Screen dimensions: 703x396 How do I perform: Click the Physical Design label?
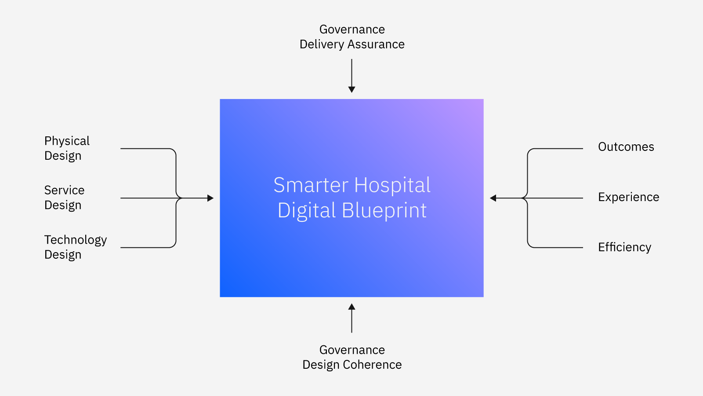click(67, 148)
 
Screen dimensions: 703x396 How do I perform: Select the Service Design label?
click(64, 198)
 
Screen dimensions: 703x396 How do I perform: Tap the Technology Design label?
click(76, 247)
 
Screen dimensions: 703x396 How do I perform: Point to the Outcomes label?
click(626, 147)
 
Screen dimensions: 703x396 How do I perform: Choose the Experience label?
click(629, 197)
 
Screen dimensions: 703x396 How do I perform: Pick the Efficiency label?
click(624, 247)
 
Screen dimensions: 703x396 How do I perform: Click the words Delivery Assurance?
click(352, 44)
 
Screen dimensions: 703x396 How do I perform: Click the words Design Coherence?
click(352, 365)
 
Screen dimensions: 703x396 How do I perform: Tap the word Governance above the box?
click(352, 29)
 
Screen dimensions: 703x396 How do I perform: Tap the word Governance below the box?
click(352, 350)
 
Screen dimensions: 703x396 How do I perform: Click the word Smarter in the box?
click(311, 185)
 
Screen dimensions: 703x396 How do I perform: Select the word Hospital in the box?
click(393, 185)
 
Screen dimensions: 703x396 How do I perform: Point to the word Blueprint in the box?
click(384, 210)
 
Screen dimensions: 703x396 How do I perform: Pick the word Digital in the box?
click(307, 210)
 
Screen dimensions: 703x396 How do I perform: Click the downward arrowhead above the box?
click(352, 90)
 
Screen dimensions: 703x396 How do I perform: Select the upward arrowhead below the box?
click(352, 307)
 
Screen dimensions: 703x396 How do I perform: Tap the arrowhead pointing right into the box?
click(210, 198)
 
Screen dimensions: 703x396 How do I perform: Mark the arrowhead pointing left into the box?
click(493, 198)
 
